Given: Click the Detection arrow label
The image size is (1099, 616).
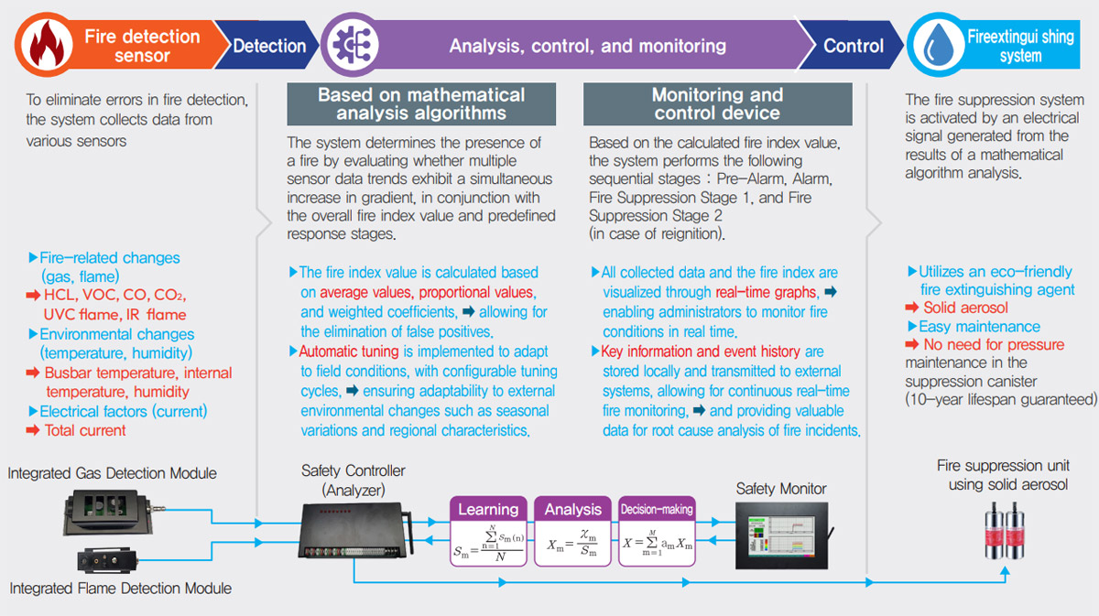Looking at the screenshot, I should tap(269, 45).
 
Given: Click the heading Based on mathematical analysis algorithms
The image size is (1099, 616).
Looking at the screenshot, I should tap(420, 103).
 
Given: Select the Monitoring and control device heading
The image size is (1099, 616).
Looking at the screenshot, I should tap(717, 103).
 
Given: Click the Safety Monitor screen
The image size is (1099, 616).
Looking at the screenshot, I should tap(782, 535).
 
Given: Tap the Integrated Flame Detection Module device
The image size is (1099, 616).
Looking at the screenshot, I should tap(108, 558).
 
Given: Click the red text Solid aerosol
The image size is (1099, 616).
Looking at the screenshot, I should tap(965, 308).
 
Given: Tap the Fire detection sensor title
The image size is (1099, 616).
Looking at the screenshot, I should tap(142, 46).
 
